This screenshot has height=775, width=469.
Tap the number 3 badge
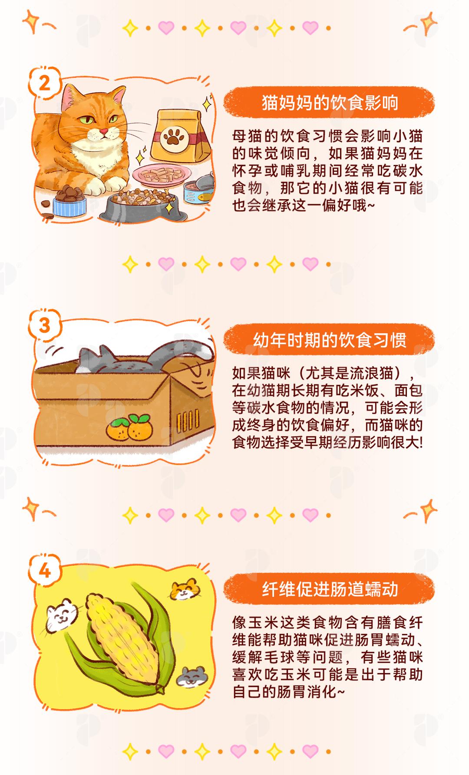click(x=45, y=325)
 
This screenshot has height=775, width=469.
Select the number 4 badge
click(x=45, y=571)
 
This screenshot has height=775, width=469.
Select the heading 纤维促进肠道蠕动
click(x=330, y=590)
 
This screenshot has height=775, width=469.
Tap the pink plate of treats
click(x=162, y=176)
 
